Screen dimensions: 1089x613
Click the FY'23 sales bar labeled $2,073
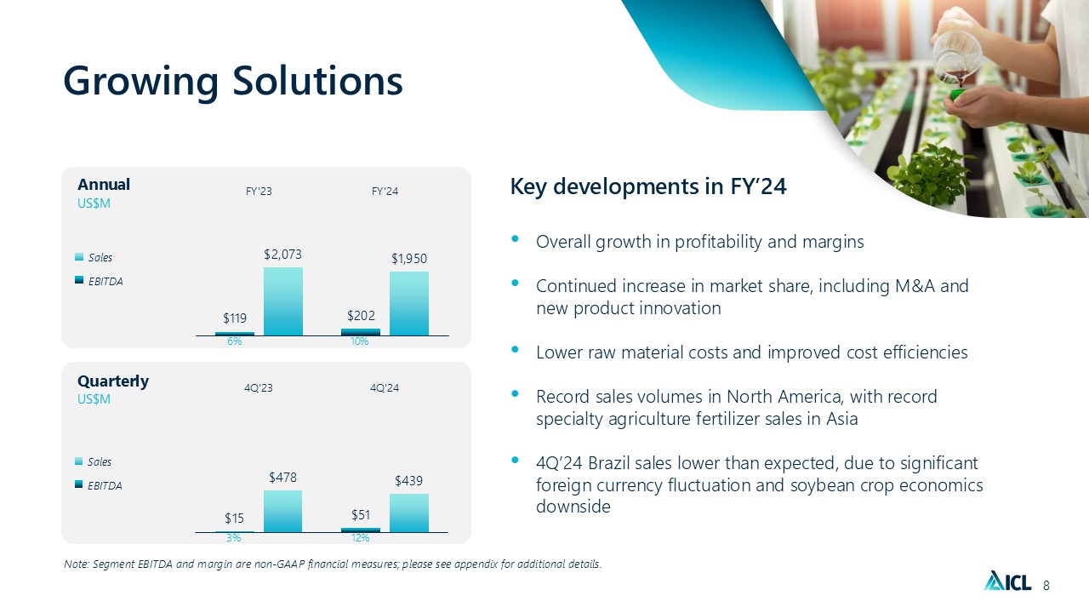283,301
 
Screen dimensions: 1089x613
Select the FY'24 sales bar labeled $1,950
409,303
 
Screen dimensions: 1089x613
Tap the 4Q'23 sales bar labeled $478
283,511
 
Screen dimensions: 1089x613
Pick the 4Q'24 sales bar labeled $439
409,513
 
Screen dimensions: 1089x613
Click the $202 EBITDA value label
361,316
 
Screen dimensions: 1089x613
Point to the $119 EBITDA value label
235,318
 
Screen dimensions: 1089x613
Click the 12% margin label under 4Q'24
360,538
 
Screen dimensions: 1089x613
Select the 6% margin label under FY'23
234,341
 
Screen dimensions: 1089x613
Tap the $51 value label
361,515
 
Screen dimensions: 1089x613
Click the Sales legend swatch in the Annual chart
79,257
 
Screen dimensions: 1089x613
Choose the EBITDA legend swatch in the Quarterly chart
79,484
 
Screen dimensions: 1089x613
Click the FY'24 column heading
385,192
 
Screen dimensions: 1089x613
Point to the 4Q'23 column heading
258,387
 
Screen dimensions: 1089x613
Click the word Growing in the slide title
141,82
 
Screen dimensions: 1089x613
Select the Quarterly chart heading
113,381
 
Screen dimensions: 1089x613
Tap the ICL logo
1008,581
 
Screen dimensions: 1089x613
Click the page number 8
1046,585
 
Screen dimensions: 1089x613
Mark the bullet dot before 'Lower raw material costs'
516,349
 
